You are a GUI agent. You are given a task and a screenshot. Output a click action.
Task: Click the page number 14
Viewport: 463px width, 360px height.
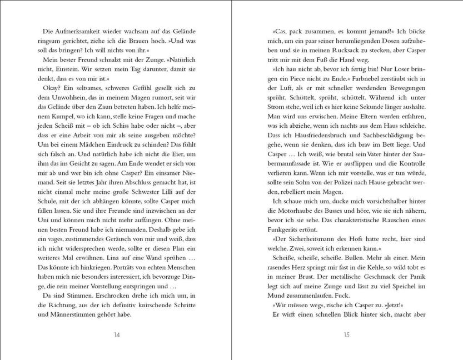tap(116, 334)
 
